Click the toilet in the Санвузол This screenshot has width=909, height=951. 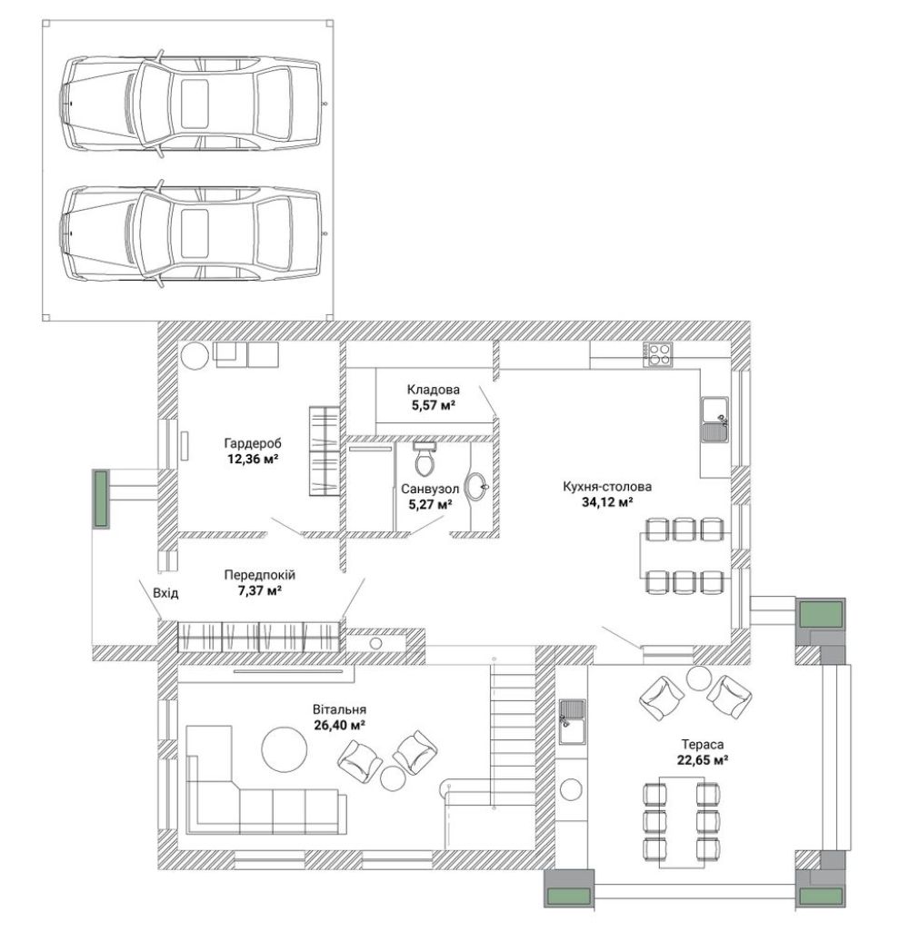tap(425, 459)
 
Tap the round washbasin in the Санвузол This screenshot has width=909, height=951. tap(476, 487)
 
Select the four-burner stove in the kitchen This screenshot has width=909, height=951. tap(658, 355)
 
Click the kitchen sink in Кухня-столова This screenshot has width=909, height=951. tap(715, 419)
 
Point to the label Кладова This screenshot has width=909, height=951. tap(434, 390)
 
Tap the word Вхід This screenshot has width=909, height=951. tap(165, 592)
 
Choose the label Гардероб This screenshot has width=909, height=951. tap(253, 443)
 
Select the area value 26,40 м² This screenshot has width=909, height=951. tap(339, 724)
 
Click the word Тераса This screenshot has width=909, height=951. tap(703, 744)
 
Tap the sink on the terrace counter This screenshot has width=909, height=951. tap(571, 722)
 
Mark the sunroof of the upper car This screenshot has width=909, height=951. tap(195, 104)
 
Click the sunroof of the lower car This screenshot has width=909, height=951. tap(195, 233)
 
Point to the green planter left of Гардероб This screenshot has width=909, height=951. tap(100, 498)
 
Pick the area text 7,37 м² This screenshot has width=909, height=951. tap(259, 590)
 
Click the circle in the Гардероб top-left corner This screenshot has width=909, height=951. tap(195, 355)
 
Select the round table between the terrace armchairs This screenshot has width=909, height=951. tap(698, 679)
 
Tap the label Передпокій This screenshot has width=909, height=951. tap(260, 575)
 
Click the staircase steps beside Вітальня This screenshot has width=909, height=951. tap(513, 734)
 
